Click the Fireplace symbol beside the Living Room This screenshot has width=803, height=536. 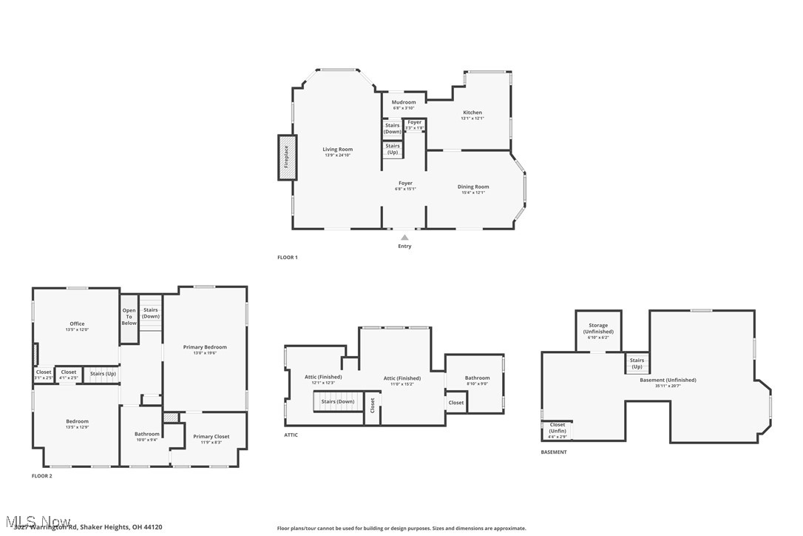point(287,157)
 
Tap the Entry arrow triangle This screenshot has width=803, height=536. point(404,238)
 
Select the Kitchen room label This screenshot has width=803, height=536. point(472,113)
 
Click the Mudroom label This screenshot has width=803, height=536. point(404,102)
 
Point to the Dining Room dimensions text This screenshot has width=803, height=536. point(473,192)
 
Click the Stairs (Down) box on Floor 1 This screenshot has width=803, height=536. point(392,128)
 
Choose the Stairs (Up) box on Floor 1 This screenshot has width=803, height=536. point(393,149)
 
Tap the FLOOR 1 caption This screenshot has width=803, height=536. point(288,258)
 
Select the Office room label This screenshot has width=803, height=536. point(77,324)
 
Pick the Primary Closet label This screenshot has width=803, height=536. point(211,437)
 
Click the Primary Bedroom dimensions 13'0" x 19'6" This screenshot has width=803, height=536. point(206,353)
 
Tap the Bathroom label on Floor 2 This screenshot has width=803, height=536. point(146,434)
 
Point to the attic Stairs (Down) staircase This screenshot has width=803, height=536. point(336,402)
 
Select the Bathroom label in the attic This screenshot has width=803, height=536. point(477,378)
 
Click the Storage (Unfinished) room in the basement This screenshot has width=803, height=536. point(598,329)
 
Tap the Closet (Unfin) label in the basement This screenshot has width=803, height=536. point(557,428)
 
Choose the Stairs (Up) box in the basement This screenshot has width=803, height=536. point(637,364)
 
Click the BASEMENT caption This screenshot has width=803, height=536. point(554,452)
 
